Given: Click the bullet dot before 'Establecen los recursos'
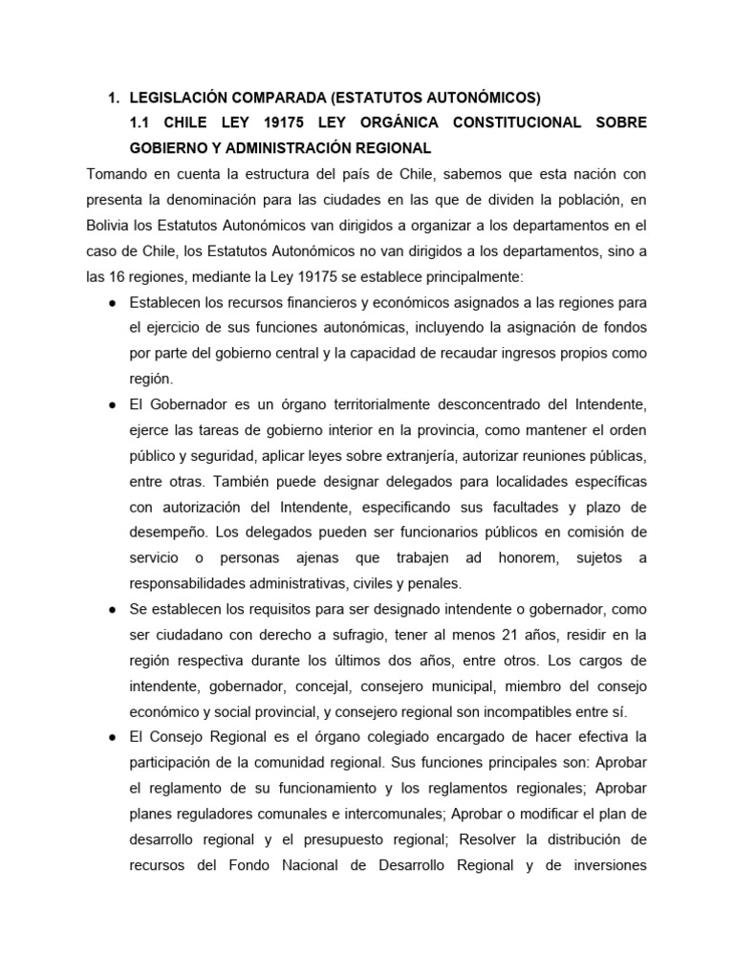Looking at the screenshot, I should click(114, 303).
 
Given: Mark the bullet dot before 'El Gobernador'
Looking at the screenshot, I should click(114, 405).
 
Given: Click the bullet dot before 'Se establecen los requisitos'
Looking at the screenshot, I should click(114, 609).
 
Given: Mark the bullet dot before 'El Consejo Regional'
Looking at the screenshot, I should click(114, 737).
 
